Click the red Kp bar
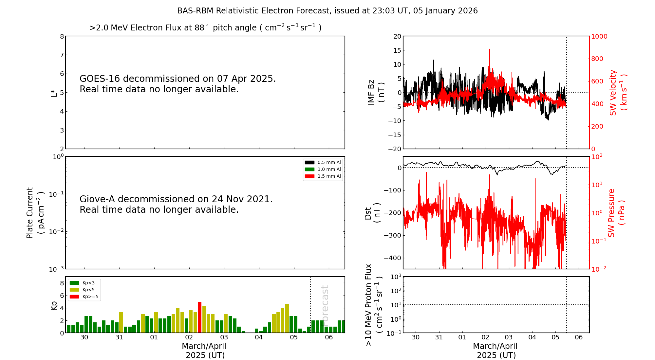coord(200,317)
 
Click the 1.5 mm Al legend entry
coord(323,176)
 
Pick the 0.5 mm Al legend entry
coord(323,162)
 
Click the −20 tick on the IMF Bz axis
coord(394,149)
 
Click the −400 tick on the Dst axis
coord(392,258)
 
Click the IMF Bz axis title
coord(376,92)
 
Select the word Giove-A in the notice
coord(97,199)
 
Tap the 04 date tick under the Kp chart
coord(259,337)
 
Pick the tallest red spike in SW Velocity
coord(490,50)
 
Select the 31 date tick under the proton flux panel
coord(439,337)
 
